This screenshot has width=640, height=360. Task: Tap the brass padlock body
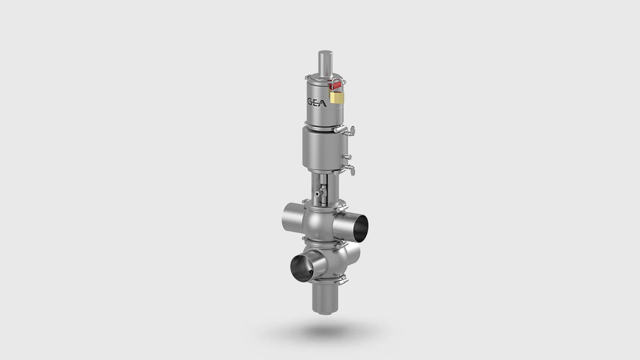[337, 98]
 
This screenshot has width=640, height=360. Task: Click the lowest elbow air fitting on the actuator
[350, 170]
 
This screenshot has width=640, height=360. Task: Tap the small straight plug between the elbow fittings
[347, 156]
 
